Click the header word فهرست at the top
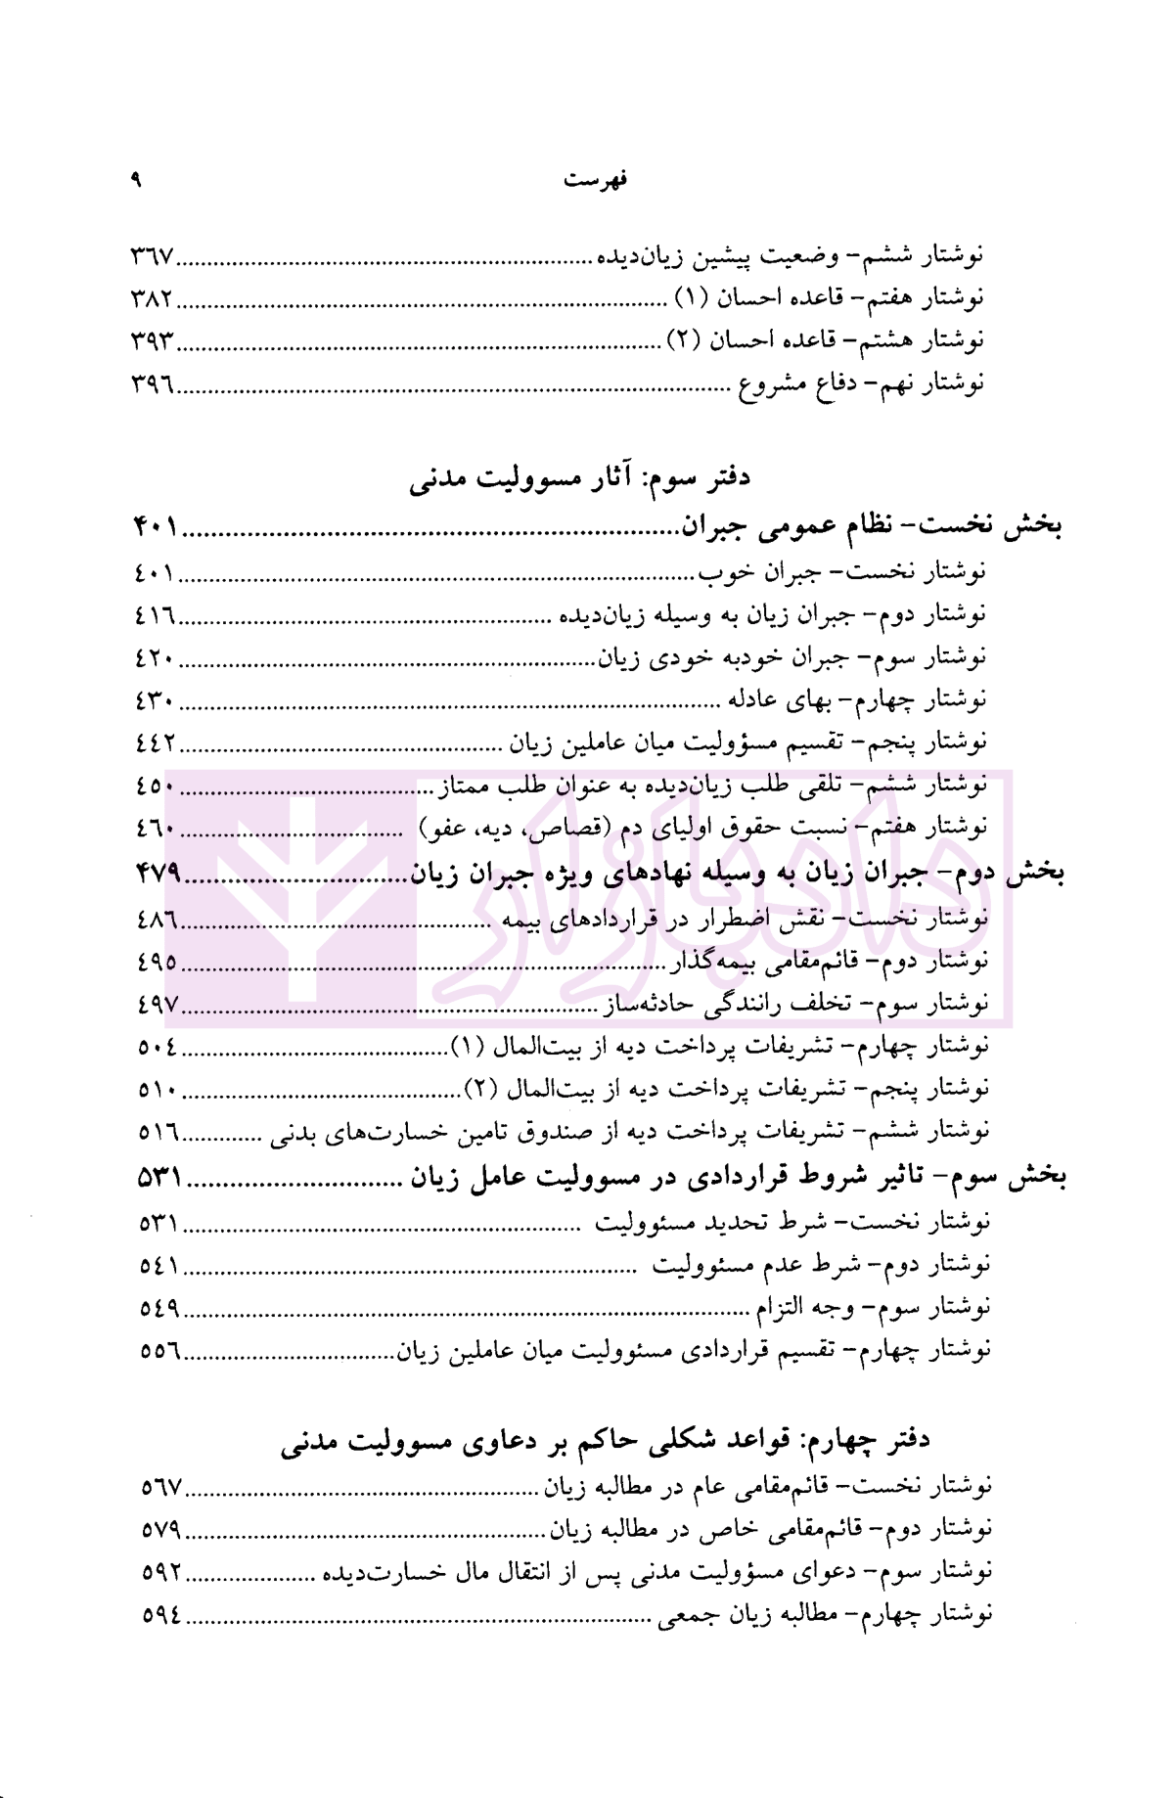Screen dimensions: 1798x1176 [597, 180]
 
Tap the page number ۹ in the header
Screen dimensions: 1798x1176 [136, 180]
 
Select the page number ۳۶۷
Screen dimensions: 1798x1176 [152, 256]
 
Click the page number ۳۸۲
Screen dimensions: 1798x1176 [152, 298]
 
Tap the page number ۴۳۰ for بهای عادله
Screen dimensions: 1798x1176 [156, 699]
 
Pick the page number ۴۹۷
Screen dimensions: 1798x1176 [158, 1004]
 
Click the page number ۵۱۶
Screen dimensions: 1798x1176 [158, 1132]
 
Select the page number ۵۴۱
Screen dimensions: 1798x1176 [159, 1266]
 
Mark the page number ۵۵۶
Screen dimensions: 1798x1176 [159, 1351]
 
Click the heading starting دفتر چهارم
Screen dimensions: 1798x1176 [605, 1440]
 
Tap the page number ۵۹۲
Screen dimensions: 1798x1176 [162, 1572]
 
